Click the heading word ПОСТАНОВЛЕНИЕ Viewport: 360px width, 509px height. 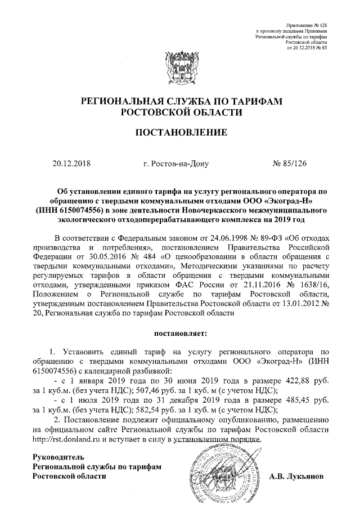[179, 133]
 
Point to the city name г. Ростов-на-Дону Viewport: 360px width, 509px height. [176, 165]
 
